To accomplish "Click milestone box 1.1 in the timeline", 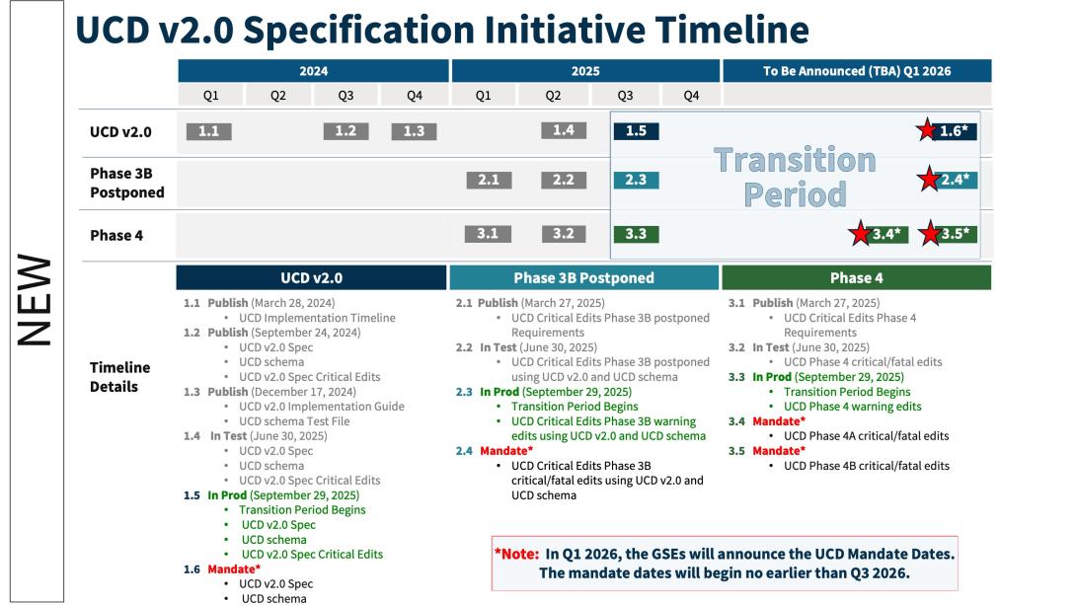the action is (x=208, y=131).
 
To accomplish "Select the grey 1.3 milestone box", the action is (x=414, y=131).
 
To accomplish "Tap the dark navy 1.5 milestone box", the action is (x=636, y=130).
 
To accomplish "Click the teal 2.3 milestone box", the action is (x=636, y=180).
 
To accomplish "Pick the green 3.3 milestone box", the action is (x=636, y=234).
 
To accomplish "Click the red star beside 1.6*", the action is (x=927, y=129).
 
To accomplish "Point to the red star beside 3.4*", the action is (x=861, y=233).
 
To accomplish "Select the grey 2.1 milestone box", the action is (x=489, y=180).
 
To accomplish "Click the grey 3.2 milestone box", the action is (x=564, y=233).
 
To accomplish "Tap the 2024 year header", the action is (x=313, y=71).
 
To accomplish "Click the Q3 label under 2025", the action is (x=625, y=96).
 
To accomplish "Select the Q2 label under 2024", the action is (x=278, y=96).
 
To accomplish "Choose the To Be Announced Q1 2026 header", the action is (x=857, y=71).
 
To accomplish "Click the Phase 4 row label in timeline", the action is (x=116, y=235).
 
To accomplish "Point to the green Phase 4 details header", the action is (x=857, y=277).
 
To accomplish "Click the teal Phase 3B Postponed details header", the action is (x=584, y=277).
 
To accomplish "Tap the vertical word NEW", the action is (x=35, y=300).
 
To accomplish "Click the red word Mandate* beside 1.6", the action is (x=234, y=568).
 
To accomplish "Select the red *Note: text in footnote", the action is (x=516, y=554).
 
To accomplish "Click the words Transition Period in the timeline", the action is (x=796, y=177).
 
